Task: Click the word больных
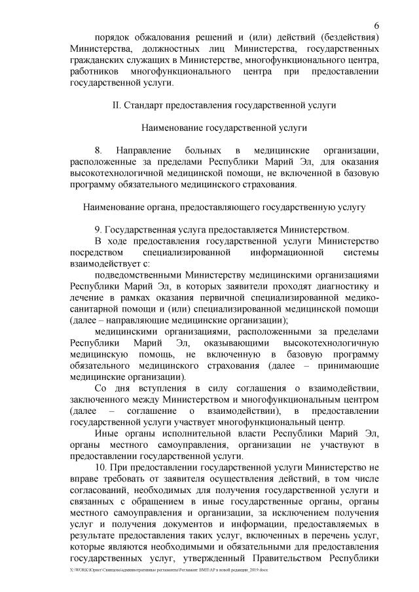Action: click(220, 151)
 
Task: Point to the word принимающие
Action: click(349, 367)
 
